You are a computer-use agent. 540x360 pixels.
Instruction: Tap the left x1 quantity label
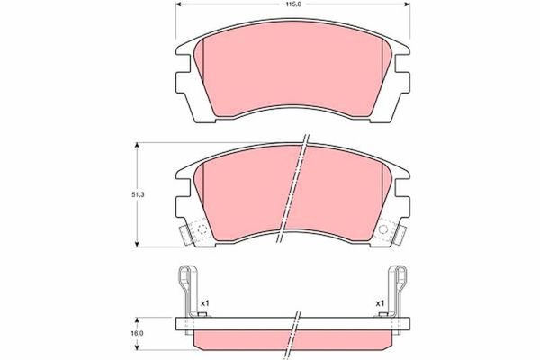pyautogui.click(x=204, y=301)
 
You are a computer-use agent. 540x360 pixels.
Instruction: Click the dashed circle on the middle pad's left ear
pyautogui.click(x=199, y=231)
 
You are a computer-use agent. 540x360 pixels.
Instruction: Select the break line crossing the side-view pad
pyautogui.click(x=294, y=328)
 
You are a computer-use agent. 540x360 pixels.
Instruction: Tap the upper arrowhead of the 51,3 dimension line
pyautogui.click(x=137, y=144)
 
